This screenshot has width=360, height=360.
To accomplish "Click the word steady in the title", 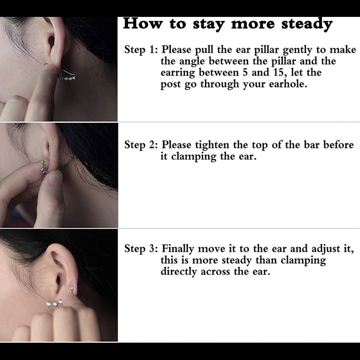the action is coord(307,24).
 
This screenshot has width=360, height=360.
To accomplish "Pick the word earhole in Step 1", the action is coord(288,84).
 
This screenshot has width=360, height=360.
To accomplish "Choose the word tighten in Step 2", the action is coord(212,145).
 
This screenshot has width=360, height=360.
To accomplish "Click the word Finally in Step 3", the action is coord(178,249).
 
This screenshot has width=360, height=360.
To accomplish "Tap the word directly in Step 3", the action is coord(179,272).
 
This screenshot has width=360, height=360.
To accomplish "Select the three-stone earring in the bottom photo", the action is coord(54,303).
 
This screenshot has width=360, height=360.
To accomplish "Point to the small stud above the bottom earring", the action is coord(72,289).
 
